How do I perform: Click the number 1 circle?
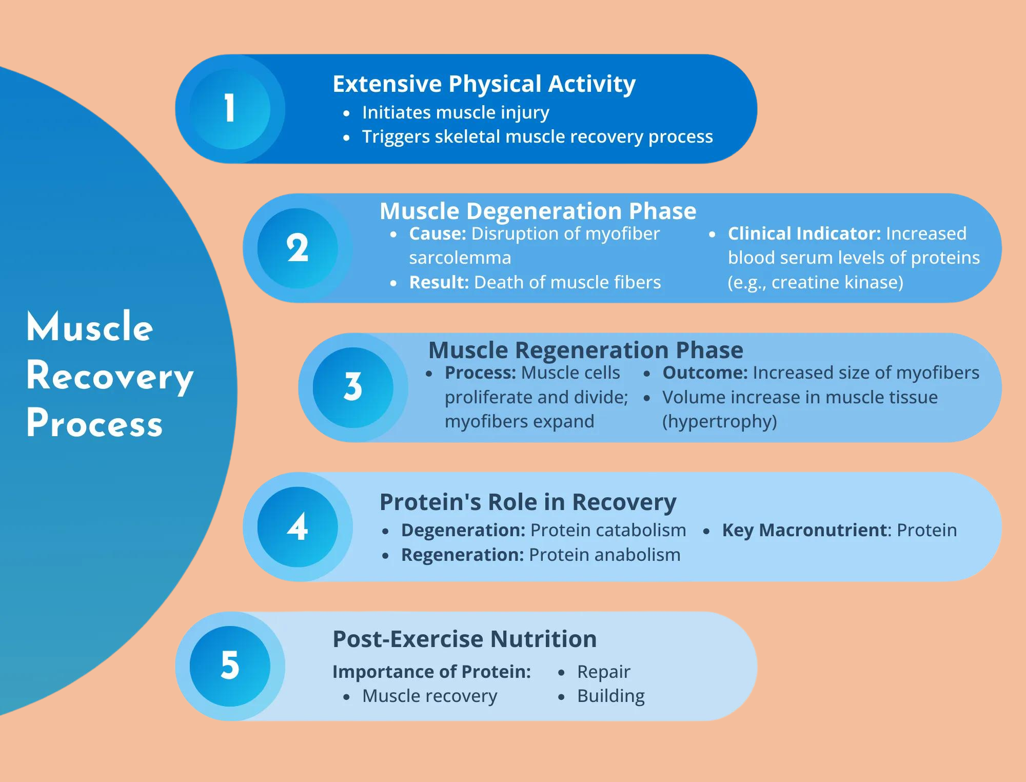[230, 109]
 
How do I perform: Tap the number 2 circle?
[298, 248]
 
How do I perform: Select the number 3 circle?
[353, 387]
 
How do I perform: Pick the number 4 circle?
[298, 527]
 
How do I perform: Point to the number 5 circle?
[230, 666]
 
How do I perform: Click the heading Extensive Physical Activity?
[484, 84]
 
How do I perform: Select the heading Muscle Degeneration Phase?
[538, 211]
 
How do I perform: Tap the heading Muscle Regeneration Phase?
[585, 350]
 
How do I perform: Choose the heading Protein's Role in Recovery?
[527, 502]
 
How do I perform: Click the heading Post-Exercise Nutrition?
[464, 639]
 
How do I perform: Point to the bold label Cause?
[437, 233]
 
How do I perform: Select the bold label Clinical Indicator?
[804, 233]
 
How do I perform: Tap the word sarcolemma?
[460, 258]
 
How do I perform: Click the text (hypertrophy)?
[719, 421]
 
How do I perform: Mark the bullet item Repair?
[603, 671]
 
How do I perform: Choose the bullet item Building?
[610, 696]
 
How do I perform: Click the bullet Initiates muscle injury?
[455, 112]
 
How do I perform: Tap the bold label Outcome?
[705, 373]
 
